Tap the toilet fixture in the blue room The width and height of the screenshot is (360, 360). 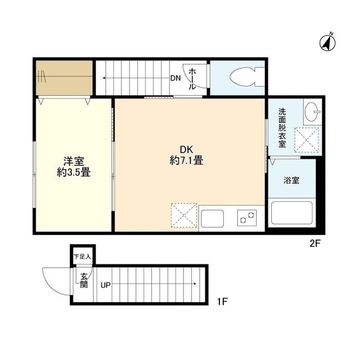(x=247, y=76)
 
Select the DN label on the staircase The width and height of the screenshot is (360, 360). (x=175, y=78)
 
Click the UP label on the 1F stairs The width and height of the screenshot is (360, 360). (x=106, y=285)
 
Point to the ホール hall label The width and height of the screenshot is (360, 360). (x=192, y=79)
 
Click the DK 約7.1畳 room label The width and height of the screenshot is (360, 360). (x=186, y=155)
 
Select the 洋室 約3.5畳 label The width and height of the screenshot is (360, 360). (x=74, y=166)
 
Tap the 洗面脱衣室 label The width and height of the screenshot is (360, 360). (x=282, y=128)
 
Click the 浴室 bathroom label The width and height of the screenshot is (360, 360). (x=291, y=180)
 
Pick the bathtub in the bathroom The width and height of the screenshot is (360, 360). (x=291, y=213)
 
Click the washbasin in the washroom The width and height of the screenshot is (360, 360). (x=312, y=112)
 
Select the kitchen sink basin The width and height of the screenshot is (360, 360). (x=213, y=219)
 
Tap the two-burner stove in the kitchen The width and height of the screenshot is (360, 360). (x=247, y=218)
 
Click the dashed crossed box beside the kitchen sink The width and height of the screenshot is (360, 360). (x=184, y=215)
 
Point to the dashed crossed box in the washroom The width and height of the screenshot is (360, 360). (x=307, y=140)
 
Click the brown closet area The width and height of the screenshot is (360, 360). (x=64, y=78)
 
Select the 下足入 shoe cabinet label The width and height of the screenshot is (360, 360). (x=82, y=256)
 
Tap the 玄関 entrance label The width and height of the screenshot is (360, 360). (x=84, y=281)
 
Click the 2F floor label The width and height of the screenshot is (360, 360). (x=315, y=244)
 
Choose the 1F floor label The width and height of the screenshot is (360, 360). (x=222, y=301)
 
